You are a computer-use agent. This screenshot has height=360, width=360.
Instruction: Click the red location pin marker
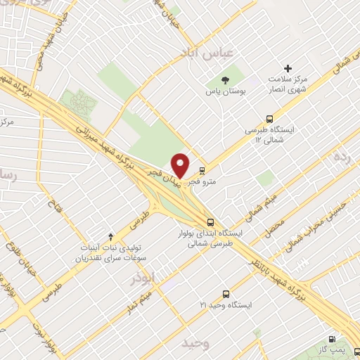[x=181, y=165]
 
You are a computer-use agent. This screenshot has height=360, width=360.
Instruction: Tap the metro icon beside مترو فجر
[x=202, y=170]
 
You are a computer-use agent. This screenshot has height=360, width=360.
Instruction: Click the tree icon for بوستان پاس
[x=225, y=80]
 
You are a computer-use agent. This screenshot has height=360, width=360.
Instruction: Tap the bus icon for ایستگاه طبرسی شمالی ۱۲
[x=269, y=119]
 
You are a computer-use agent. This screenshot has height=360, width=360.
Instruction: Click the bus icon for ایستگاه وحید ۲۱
[x=226, y=293]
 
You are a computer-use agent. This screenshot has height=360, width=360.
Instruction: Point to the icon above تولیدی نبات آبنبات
[x=110, y=237]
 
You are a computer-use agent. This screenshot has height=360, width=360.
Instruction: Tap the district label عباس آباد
[x=221, y=53]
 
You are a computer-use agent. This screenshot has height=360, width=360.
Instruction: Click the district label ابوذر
[x=142, y=279]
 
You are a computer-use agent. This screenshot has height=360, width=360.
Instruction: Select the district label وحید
[x=195, y=343]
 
